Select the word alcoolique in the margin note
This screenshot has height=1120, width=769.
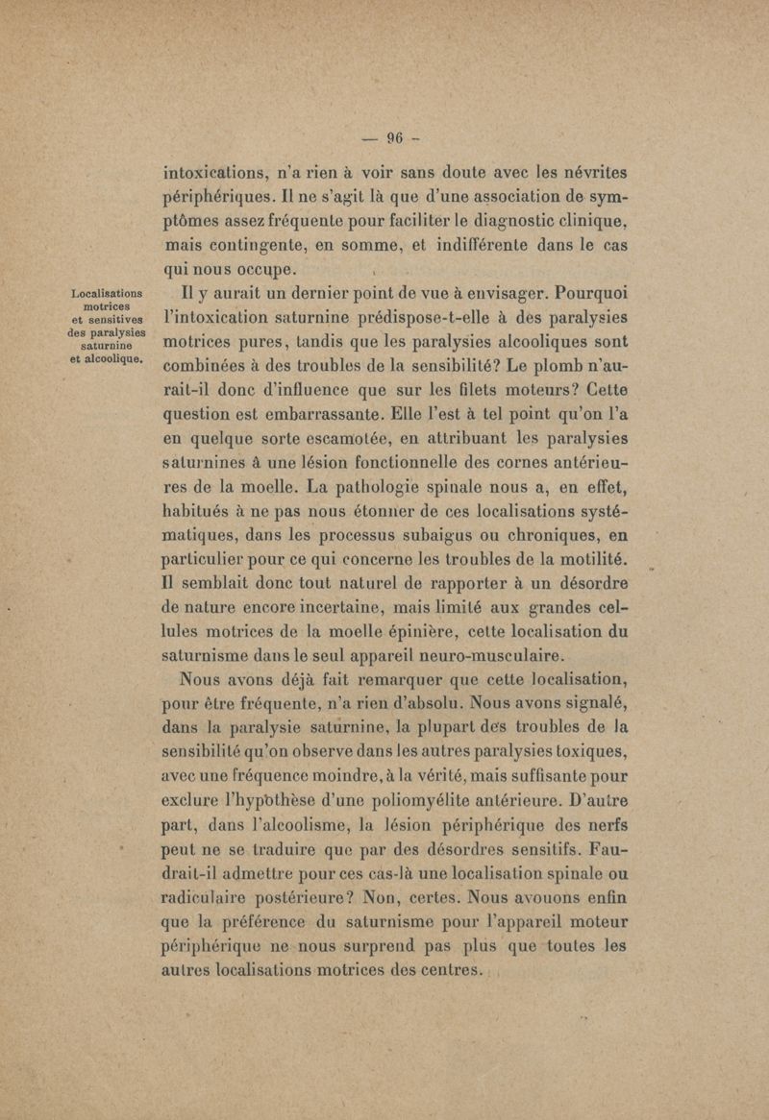110,358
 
